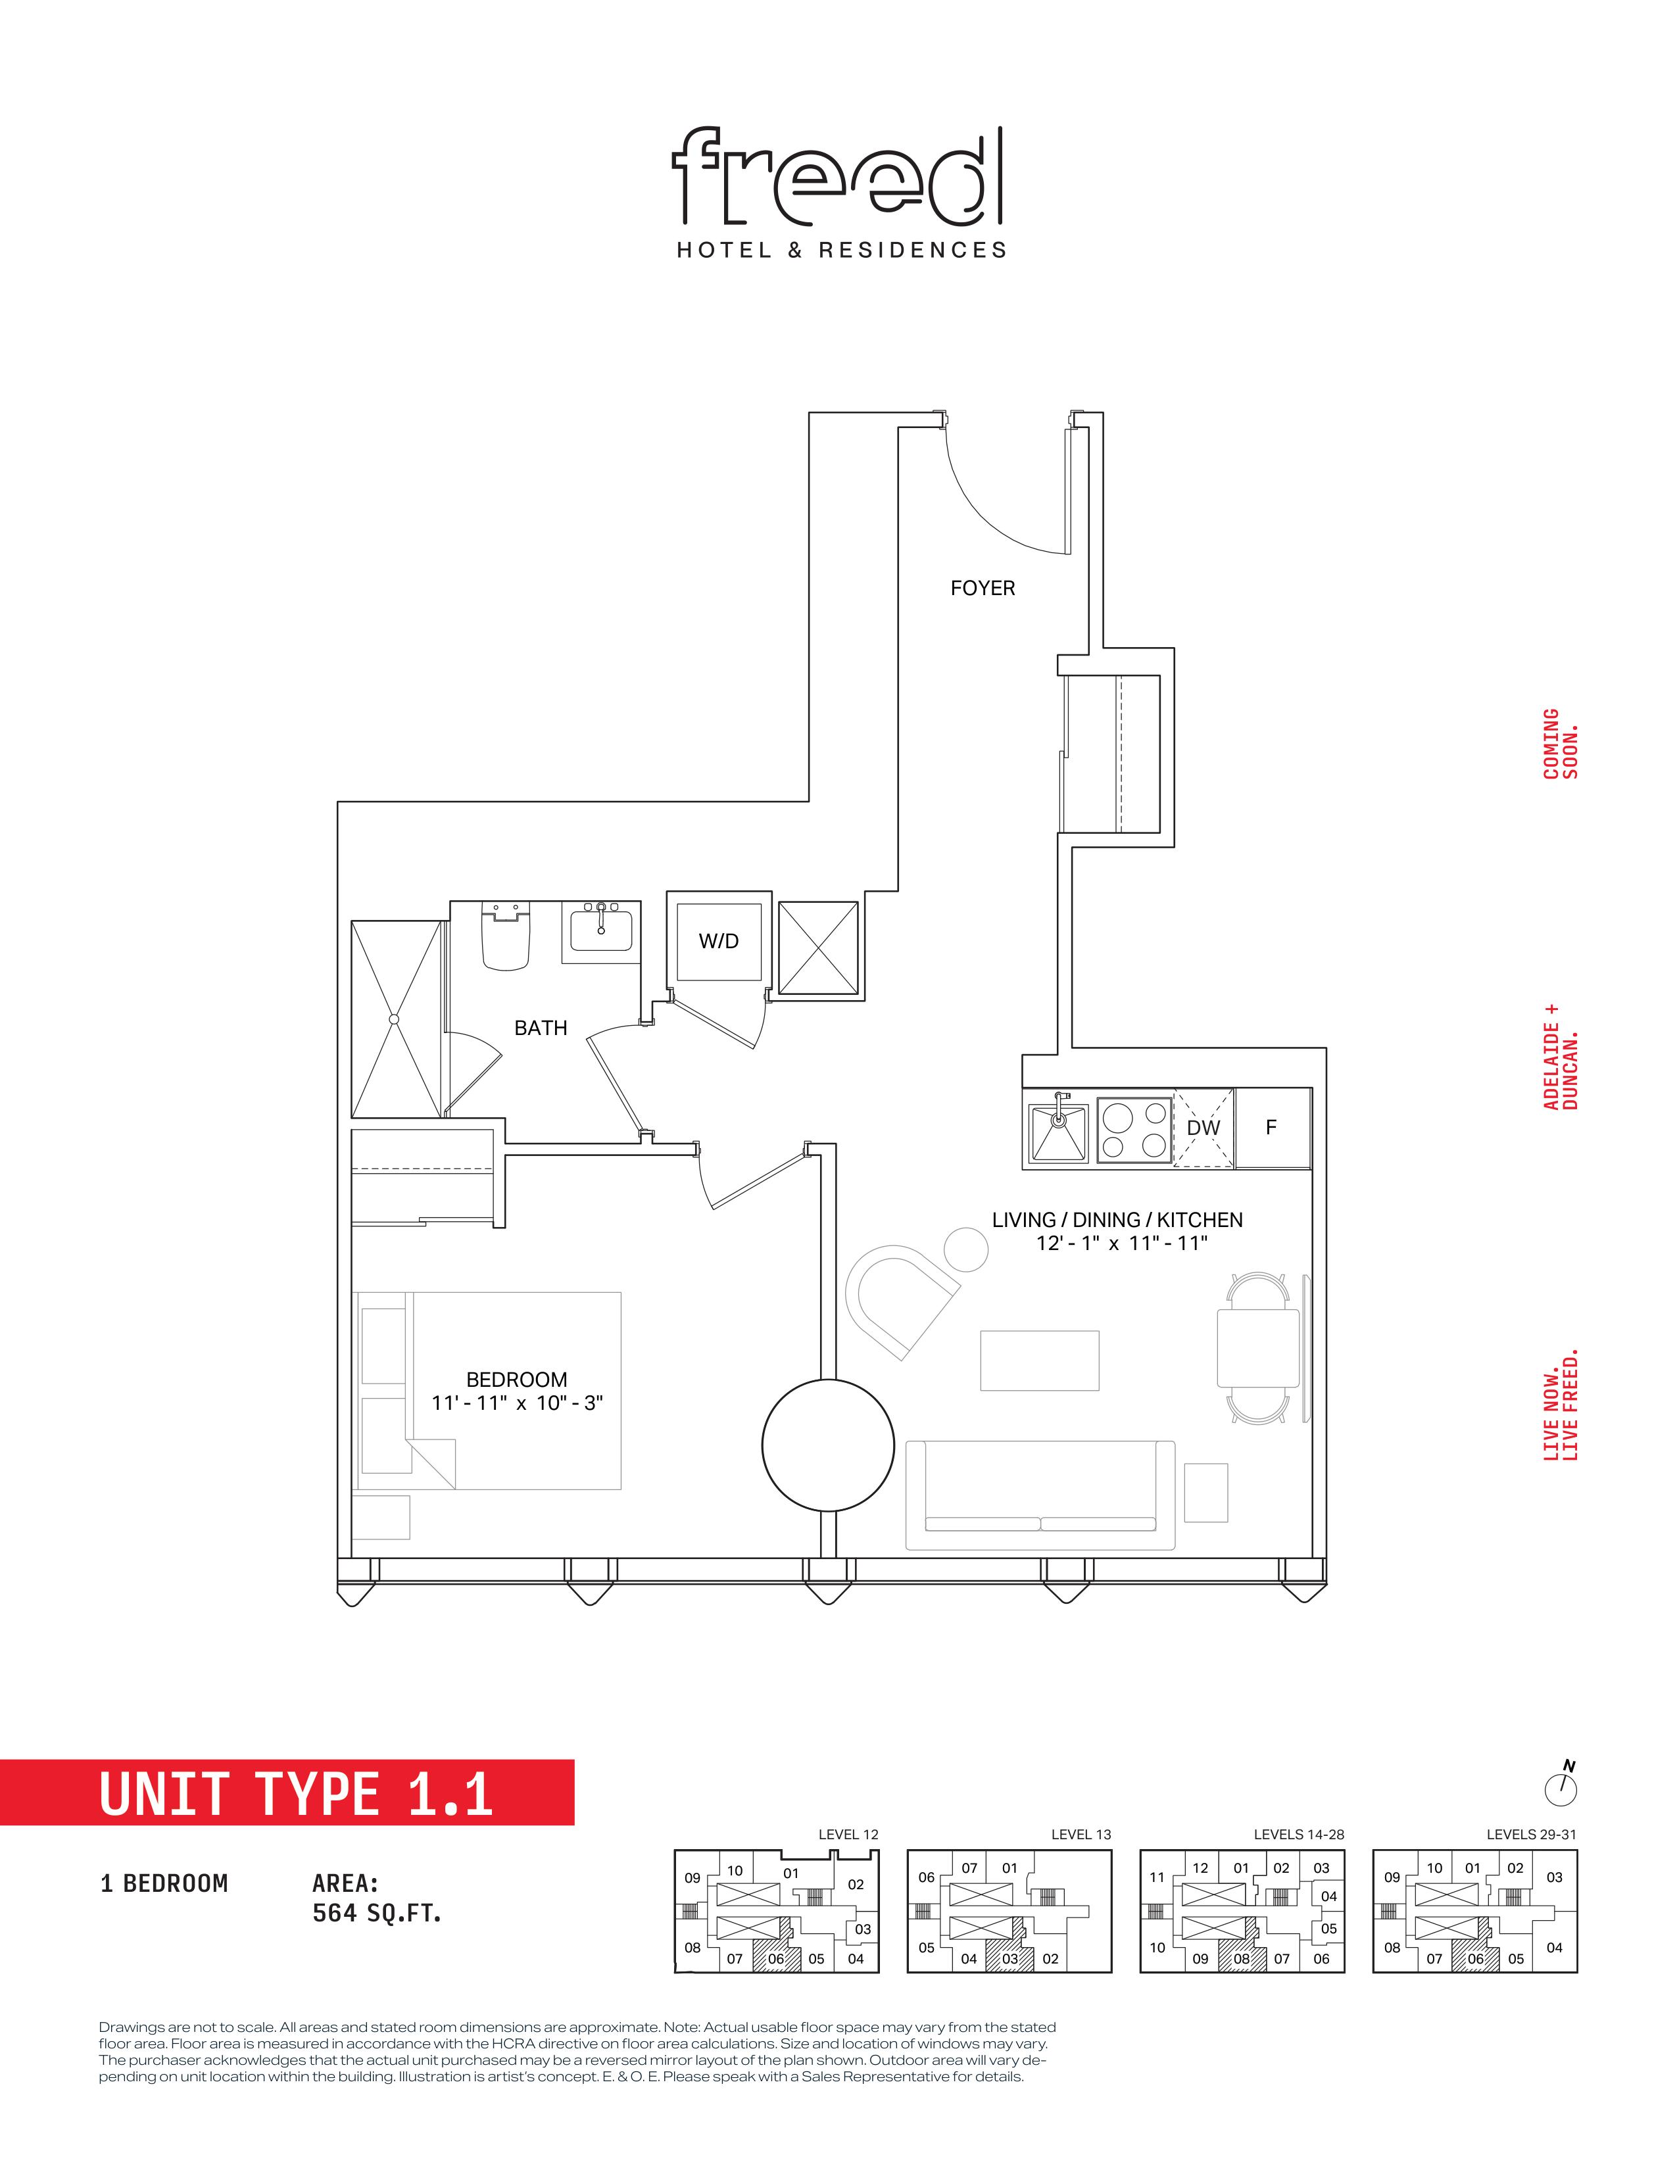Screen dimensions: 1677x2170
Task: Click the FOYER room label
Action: pyautogui.click(x=983, y=589)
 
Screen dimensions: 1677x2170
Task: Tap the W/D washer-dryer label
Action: pyautogui.click(x=718, y=941)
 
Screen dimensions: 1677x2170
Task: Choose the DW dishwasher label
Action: pyautogui.click(x=1203, y=1128)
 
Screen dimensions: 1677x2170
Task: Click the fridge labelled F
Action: pyautogui.click(x=1272, y=1128)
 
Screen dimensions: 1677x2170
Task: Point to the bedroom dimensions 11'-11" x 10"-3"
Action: pyautogui.click(x=518, y=1403)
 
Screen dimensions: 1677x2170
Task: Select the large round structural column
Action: pyautogui.click(x=827, y=1445)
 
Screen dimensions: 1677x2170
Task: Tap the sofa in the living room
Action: pyautogui.click(x=1040, y=1495)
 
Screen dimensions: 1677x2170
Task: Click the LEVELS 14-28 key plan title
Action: pyautogui.click(x=1298, y=1834)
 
